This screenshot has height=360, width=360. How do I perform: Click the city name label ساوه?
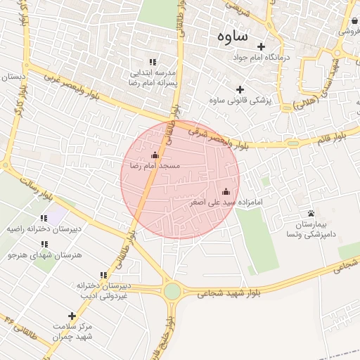(x=232, y=36)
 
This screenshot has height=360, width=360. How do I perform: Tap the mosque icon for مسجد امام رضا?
(x=155, y=155)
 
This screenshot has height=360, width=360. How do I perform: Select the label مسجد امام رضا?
(x=155, y=166)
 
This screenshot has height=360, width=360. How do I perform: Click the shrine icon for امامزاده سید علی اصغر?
(x=226, y=191)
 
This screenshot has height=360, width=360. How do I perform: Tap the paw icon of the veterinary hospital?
(x=311, y=212)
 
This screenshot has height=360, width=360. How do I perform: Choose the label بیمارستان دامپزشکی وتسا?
(x=310, y=228)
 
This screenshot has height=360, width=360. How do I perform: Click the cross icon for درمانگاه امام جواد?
(x=261, y=46)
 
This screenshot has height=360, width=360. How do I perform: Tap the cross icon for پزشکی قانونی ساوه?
(x=240, y=89)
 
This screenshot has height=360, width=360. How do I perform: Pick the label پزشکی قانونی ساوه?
(x=240, y=101)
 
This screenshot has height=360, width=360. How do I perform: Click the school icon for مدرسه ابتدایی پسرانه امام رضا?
(x=153, y=62)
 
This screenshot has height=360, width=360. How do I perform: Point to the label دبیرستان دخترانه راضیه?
(x=44, y=229)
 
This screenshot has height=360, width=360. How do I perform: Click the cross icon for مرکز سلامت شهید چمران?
(x=71, y=316)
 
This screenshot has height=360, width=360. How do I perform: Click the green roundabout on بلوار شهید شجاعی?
(x=172, y=291)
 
